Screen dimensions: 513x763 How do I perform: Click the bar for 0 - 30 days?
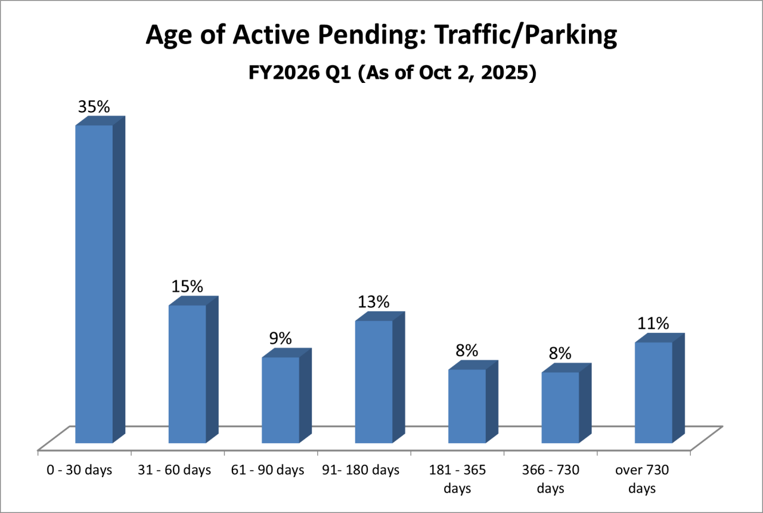tap(94, 284)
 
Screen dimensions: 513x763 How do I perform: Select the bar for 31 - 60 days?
tap(187, 374)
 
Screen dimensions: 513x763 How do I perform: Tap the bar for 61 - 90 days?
tap(281, 400)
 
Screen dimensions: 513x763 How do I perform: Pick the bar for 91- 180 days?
tap(374, 382)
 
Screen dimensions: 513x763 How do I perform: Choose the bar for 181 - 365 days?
tap(467, 406)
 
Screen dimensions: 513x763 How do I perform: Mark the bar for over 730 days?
tap(653, 393)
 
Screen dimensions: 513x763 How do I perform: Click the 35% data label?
tap(94, 107)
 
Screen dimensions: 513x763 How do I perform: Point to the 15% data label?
tap(187, 286)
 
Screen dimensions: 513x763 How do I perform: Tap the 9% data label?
tap(280, 339)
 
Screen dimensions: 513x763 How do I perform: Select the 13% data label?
tap(374, 302)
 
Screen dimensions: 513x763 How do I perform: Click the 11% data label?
tap(653, 323)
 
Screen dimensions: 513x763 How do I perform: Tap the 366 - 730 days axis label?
tap(550, 479)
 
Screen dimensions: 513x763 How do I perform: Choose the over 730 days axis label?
tap(642, 479)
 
